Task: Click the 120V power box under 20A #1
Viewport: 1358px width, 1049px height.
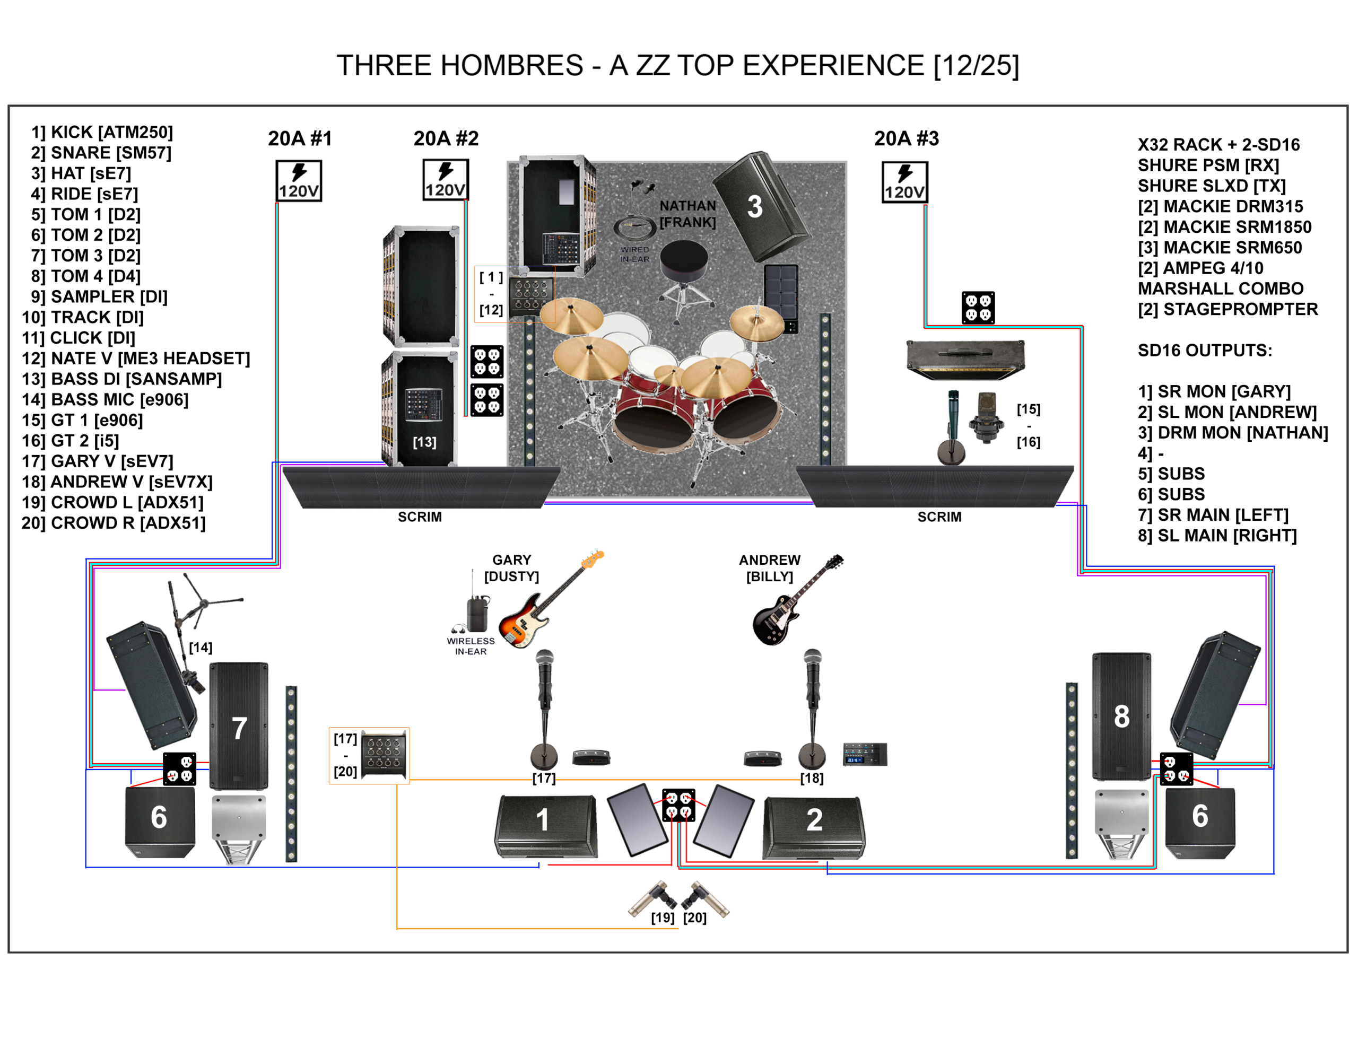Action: coord(299,181)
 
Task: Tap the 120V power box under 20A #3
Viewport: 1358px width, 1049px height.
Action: coord(904,182)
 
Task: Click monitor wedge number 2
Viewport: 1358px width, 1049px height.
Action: coord(813,826)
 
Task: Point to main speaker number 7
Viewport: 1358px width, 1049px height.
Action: coord(239,725)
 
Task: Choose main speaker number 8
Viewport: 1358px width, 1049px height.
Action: coord(1121,716)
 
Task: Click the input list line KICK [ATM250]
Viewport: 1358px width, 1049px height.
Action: coord(102,132)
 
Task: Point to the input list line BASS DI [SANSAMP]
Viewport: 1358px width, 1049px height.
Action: coord(122,379)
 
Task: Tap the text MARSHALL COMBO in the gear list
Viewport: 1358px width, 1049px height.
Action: coord(1220,289)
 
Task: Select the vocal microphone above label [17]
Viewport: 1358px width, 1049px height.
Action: coord(545,684)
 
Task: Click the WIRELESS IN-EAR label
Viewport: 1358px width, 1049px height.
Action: coord(471,646)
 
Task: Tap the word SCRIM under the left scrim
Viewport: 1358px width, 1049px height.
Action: coord(420,517)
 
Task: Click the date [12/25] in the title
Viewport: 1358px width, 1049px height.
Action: coord(976,65)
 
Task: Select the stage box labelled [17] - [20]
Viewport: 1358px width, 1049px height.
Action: coord(384,754)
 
